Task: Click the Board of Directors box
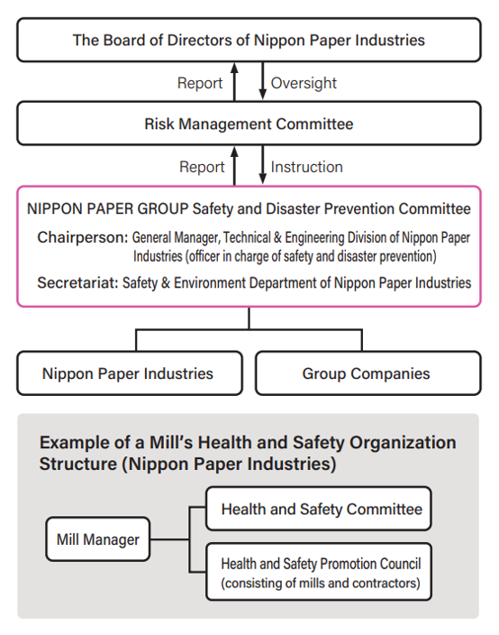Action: [x=249, y=40]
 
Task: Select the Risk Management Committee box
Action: [x=249, y=124]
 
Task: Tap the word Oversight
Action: [x=304, y=83]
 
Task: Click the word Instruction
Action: [x=306, y=167]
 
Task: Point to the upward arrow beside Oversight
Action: [x=234, y=81]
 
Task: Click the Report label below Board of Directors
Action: [x=200, y=83]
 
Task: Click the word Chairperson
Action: [x=82, y=238]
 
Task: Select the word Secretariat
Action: [x=77, y=282]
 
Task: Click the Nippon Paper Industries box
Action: [x=128, y=373]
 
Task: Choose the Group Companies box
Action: [x=366, y=373]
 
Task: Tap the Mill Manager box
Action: [x=97, y=540]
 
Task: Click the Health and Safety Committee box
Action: [x=321, y=510]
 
